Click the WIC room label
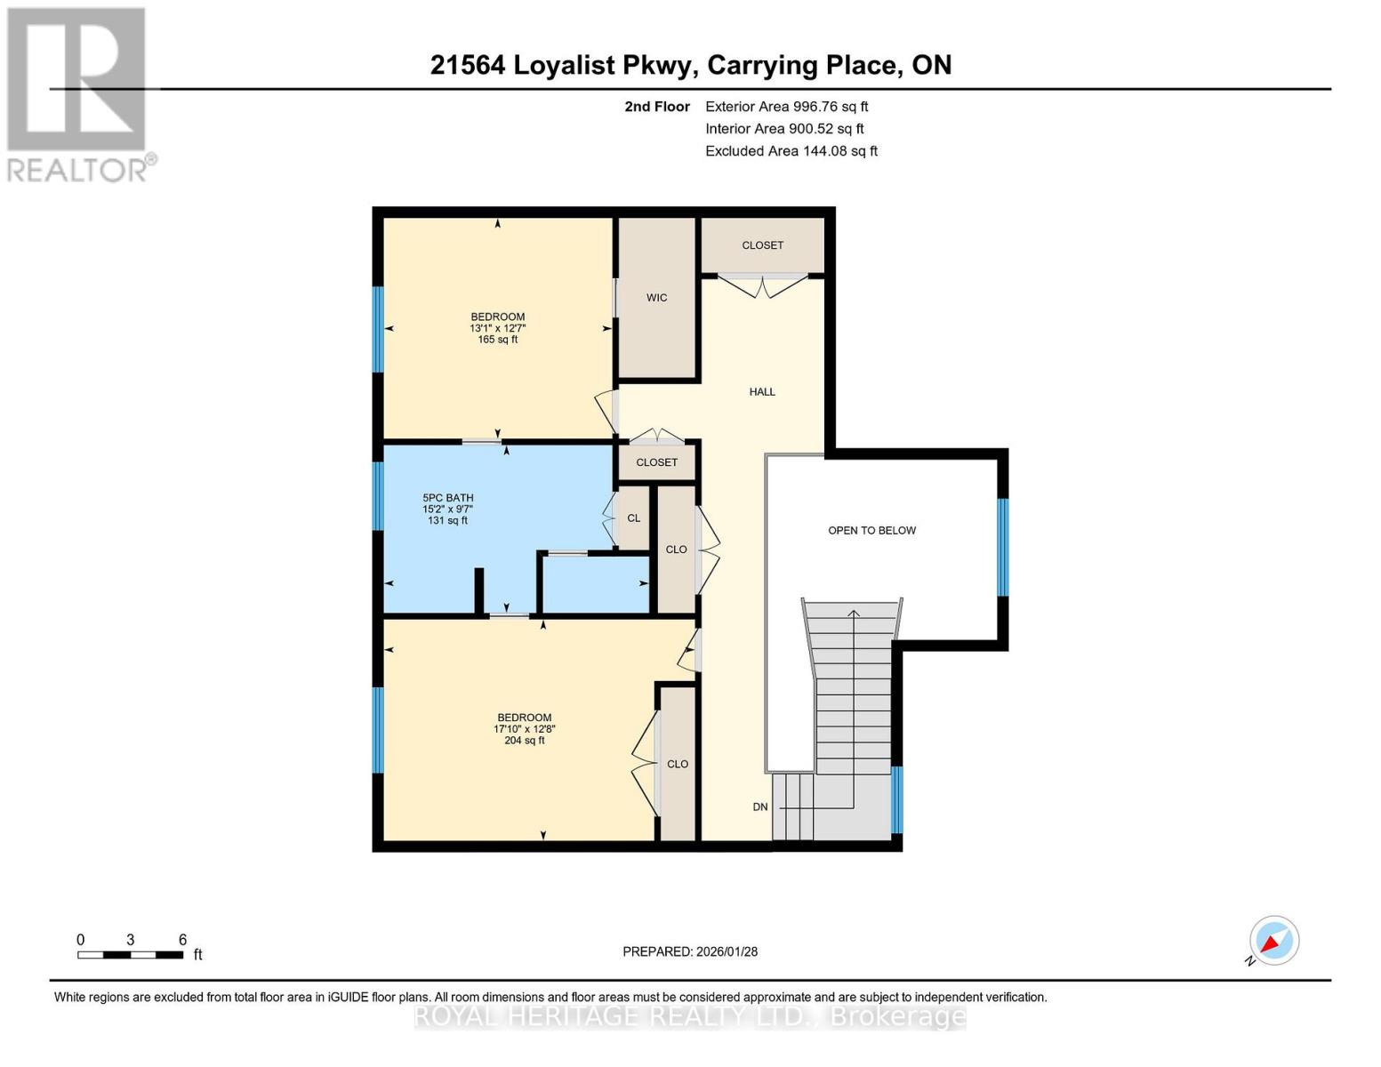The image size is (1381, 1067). [656, 298]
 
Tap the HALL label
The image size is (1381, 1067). [762, 391]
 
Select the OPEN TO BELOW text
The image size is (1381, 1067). [871, 531]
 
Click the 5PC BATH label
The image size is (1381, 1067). [447, 498]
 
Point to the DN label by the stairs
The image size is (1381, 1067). [760, 807]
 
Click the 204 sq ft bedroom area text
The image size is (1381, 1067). [524, 741]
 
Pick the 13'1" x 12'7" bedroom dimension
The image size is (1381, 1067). [497, 328]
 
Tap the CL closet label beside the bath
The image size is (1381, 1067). [633, 518]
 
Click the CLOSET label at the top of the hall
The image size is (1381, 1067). [762, 245]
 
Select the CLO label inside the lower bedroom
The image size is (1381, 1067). [678, 764]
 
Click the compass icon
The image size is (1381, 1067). [1273, 941]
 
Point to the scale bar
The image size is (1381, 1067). [131, 955]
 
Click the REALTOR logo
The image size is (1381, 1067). [78, 94]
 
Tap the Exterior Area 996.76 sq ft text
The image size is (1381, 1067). [786, 107]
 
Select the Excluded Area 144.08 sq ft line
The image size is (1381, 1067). [791, 151]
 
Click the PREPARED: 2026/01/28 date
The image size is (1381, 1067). [690, 951]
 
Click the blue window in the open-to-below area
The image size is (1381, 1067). [1003, 547]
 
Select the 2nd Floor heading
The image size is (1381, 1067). [656, 107]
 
